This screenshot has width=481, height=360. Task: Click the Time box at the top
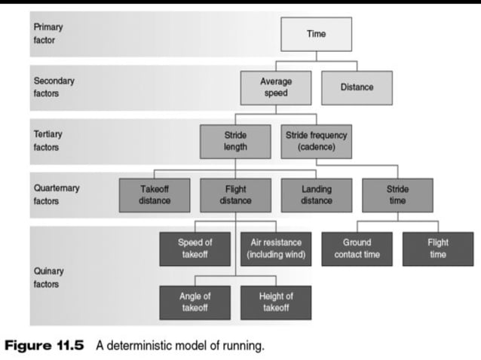pyautogui.click(x=316, y=35)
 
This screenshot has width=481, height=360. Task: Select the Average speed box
pyautogui.click(x=275, y=87)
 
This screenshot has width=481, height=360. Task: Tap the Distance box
pyautogui.click(x=357, y=87)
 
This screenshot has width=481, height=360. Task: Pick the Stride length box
pyautogui.click(x=235, y=142)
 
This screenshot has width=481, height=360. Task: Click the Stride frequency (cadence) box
pyautogui.click(x=316, y=142)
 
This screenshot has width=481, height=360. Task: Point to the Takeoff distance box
pyautogui.click(x=155, y=195)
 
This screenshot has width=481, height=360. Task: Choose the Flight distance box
pyautogui.click(x=235, y=195)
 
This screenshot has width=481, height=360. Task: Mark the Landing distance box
pyautogui.click(x=316, y=195)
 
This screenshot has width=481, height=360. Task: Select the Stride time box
pyautogui.click(x=397, y=195)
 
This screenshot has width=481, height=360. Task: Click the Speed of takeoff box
pyautogui.click(x=195, y=249)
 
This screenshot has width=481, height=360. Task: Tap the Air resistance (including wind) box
pyautogui.click(x=275, y=249)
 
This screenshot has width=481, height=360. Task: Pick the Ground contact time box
pyautogui.click(x=357, y=249)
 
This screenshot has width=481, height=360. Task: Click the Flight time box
pyautogui.click(x=438, y=249)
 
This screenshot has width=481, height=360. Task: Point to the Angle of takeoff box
pyautogui.click(x=195, y=302)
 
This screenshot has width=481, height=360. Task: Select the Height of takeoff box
pyautogui.click(x=275, y=302)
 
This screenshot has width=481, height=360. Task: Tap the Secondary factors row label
pyautogui.click(x=54, y=87)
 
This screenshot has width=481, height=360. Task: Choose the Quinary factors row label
pyautogui.click(x=49, y=278)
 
